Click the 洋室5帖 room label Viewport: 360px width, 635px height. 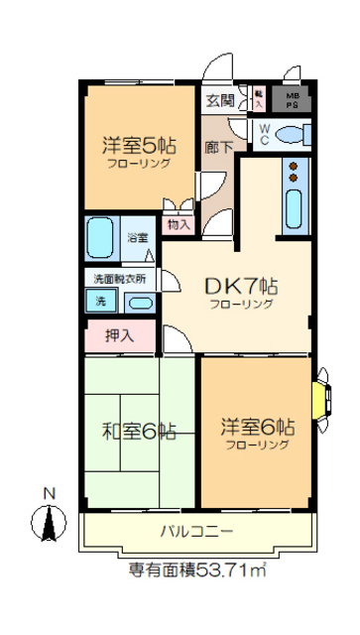pyautogui.click(x=138, y=144)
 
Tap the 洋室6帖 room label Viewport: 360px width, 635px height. pyautogui.click(x=256, y=429)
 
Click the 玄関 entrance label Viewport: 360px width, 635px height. pyautogui.click(x=220, y=100)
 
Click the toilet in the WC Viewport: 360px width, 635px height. pyautogui.click(x=292, y=135)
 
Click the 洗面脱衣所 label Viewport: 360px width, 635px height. pyautogui.click(x=120, y=279)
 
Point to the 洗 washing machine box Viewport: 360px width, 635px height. pyautogui.click(x=100, y=301)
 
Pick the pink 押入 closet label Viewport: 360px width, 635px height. pyautogui.click(x=120, y=336)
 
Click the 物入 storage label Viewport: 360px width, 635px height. pyautogui.click(x=179, y=224)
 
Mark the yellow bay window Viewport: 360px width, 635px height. pyautogui.click(x=320, y=398)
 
